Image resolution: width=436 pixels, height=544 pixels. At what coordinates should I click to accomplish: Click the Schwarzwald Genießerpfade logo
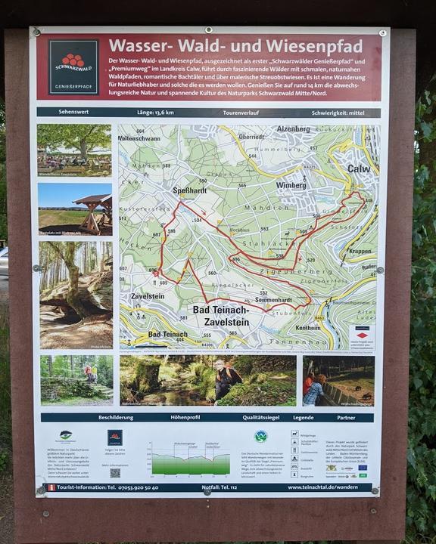73,66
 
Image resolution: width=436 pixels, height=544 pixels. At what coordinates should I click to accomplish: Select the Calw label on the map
359,168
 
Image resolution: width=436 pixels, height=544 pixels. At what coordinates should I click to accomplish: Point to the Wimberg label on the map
291,184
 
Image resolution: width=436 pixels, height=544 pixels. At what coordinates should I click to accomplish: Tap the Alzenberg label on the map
294,129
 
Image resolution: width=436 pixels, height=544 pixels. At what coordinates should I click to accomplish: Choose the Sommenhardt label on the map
275,300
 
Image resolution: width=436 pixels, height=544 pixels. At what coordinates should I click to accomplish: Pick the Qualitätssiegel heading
263,417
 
